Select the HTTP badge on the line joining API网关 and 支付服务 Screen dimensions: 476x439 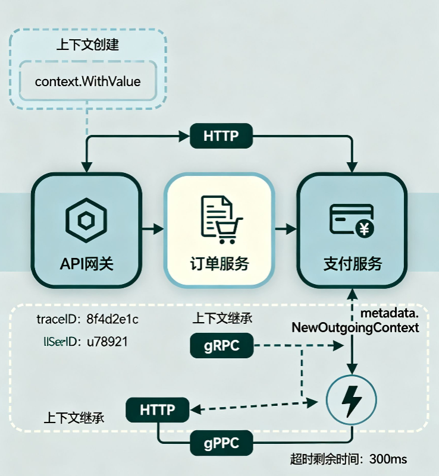[x=221, y=136]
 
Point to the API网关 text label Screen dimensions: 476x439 [x=86, y=263]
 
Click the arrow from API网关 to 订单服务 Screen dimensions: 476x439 [x=153, y=228]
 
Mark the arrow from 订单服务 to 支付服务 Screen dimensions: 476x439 [x=286, y=228]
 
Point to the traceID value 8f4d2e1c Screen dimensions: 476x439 [x=112, y=319]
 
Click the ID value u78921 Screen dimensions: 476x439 [x=107, y=342]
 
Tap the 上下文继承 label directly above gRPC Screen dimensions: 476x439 [x=222, y=318]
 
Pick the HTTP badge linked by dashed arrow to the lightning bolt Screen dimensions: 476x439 [x=158, y=409]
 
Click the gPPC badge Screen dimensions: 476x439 [x=221, y=443]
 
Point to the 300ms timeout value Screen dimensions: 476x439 [x=388, y=459]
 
